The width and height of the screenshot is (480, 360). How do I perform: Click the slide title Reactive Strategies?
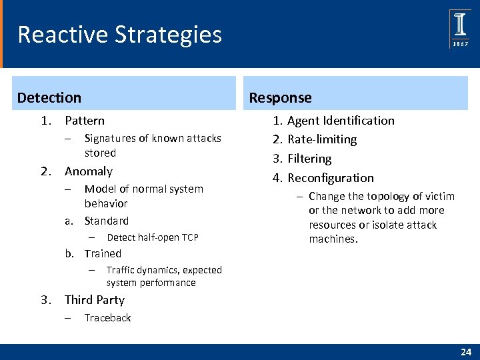119,34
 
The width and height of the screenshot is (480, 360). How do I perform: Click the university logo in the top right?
460,29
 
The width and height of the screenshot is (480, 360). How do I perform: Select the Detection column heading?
49,98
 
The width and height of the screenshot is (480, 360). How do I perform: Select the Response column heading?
280,98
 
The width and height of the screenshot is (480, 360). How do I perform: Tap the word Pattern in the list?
84,121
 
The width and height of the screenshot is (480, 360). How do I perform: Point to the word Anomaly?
88,171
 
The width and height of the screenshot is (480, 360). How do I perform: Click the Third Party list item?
94,300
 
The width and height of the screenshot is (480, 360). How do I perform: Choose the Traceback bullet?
107,318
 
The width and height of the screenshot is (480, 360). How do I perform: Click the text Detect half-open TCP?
152,237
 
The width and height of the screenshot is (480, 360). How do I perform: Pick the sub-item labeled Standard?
106,221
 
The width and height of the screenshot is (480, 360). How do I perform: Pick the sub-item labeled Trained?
103,253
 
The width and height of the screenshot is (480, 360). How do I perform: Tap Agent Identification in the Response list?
341,121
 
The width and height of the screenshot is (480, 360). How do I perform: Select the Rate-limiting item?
322,139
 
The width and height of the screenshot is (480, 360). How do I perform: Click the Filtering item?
309,159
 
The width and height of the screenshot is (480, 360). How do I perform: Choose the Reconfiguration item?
331,178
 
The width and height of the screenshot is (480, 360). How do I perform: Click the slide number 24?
465,351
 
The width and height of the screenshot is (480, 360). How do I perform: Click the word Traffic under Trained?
121,270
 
